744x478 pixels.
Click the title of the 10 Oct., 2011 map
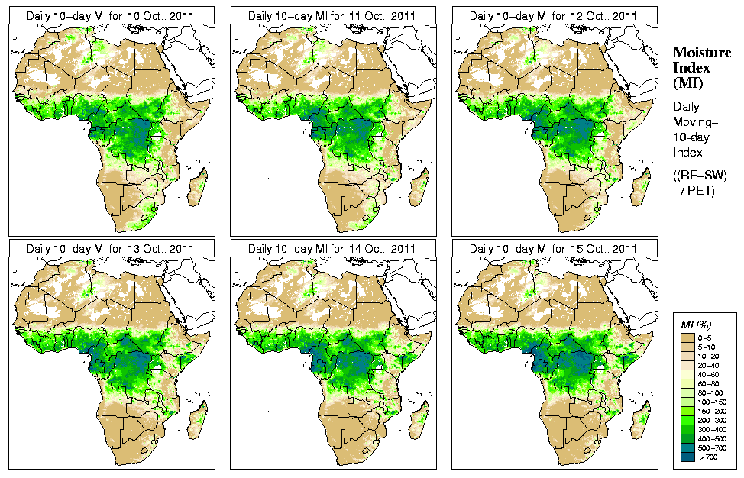coord(110,15)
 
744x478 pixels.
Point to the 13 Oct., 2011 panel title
coord(110,248)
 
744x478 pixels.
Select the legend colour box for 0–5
coord(686,336)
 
